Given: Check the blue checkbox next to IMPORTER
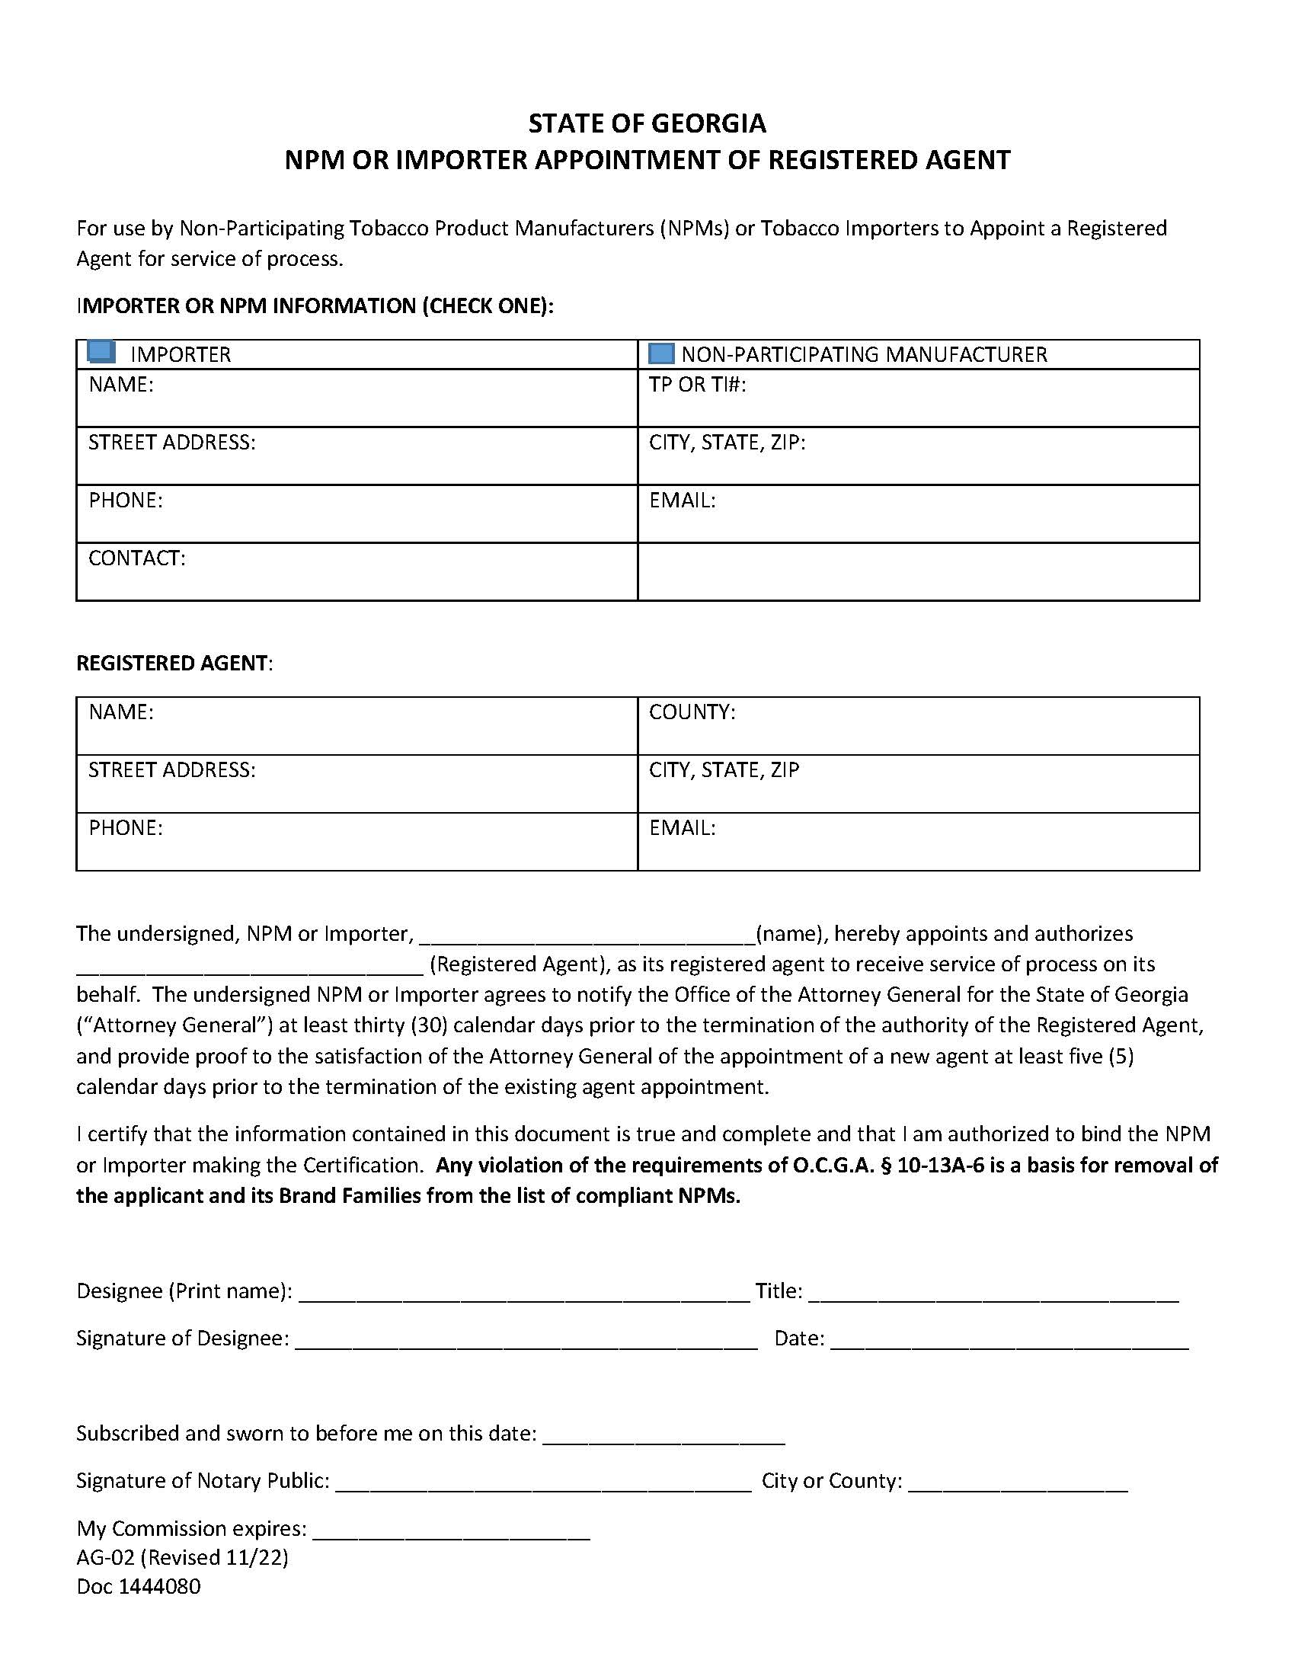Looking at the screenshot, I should tap(101, 352).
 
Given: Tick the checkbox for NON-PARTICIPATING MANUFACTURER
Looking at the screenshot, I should tap(660, 353).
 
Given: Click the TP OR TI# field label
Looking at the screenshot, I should tap(696, 385).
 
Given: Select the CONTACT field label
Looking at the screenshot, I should tap(136, 558).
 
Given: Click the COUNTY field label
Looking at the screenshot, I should tap(692, 712).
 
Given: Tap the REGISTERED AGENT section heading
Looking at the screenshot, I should tap(174, 663).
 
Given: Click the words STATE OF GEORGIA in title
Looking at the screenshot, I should tap(647, 123).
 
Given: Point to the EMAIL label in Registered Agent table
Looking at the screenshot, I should tap(682, 828).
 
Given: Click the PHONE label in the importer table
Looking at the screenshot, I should tap(125, 501).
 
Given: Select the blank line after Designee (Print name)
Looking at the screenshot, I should tap(523, 1294).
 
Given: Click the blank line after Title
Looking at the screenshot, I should tap(993, 1294).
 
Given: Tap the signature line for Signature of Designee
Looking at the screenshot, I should tap(526, 1341).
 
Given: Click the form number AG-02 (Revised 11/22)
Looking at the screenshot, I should tap(182, 1557).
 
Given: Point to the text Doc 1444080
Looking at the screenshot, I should tap(138, 1586).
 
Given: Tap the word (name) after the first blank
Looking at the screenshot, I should tap(789, 934).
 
